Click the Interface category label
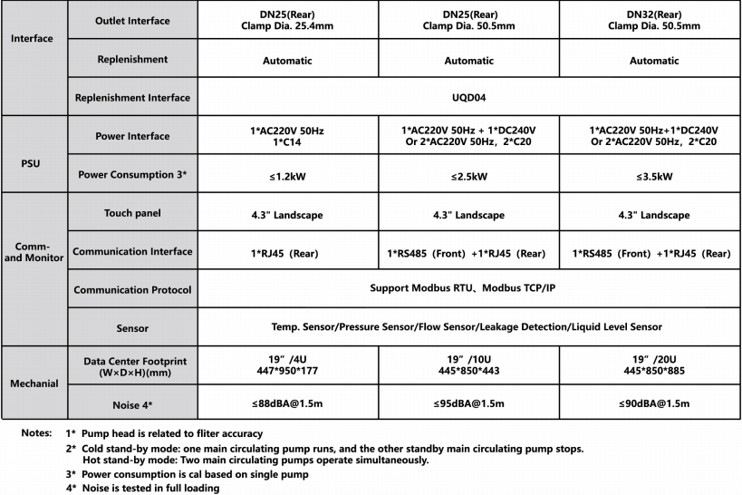[32, 39]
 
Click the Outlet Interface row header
[132, 21]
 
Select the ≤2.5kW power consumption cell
[468, 174]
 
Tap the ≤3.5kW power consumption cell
[650, 174]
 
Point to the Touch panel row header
[132, 214]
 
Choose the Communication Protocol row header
[132, 290]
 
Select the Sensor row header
[132, 327]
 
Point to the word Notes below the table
[36, 433]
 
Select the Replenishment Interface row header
[132, 97]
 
